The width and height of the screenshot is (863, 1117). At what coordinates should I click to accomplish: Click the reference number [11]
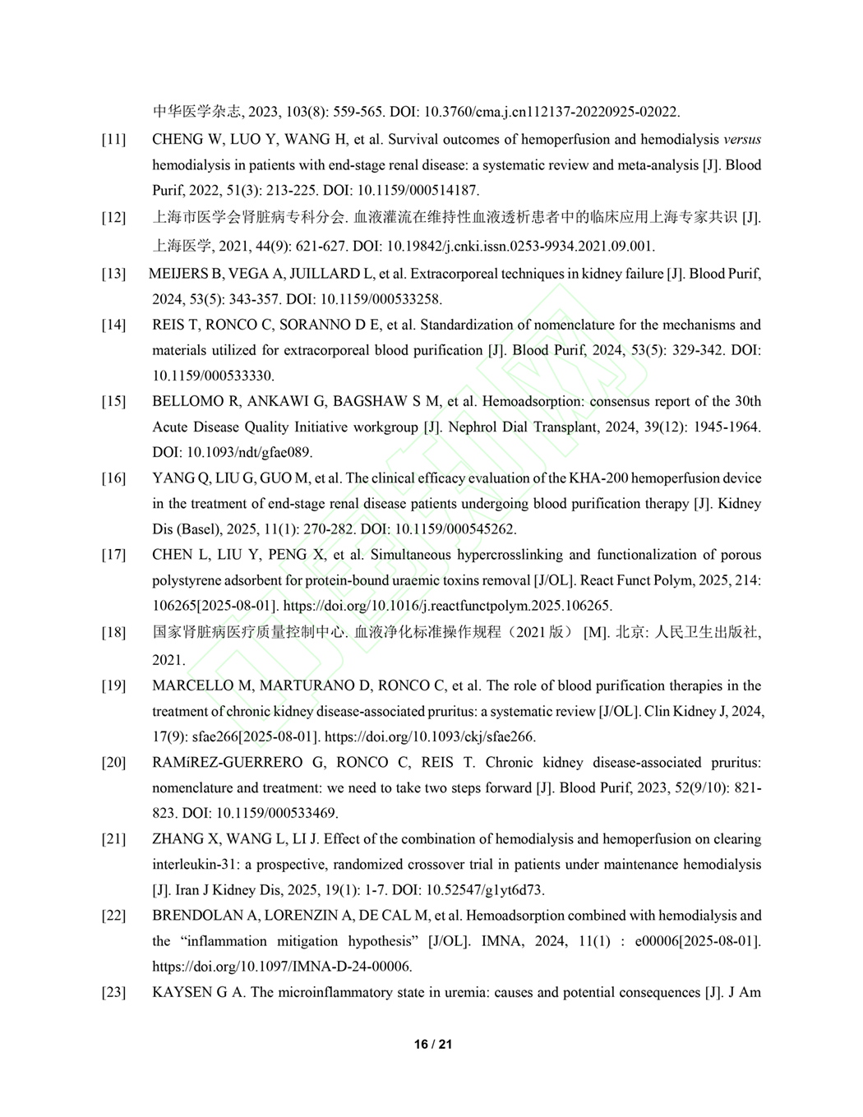pyautogui.click(x=113, y=140)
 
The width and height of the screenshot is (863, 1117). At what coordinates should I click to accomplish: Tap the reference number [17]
pyautogui.click(x=113, y=555)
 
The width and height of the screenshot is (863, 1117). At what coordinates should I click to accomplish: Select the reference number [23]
pyautogui.click(x=113, y=993)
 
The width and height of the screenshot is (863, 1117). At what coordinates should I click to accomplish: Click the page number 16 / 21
pyautogui.click(x=433, y=1045)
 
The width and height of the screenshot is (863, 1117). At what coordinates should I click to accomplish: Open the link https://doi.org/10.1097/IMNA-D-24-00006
pyautogui.click(x=282, y=967)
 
